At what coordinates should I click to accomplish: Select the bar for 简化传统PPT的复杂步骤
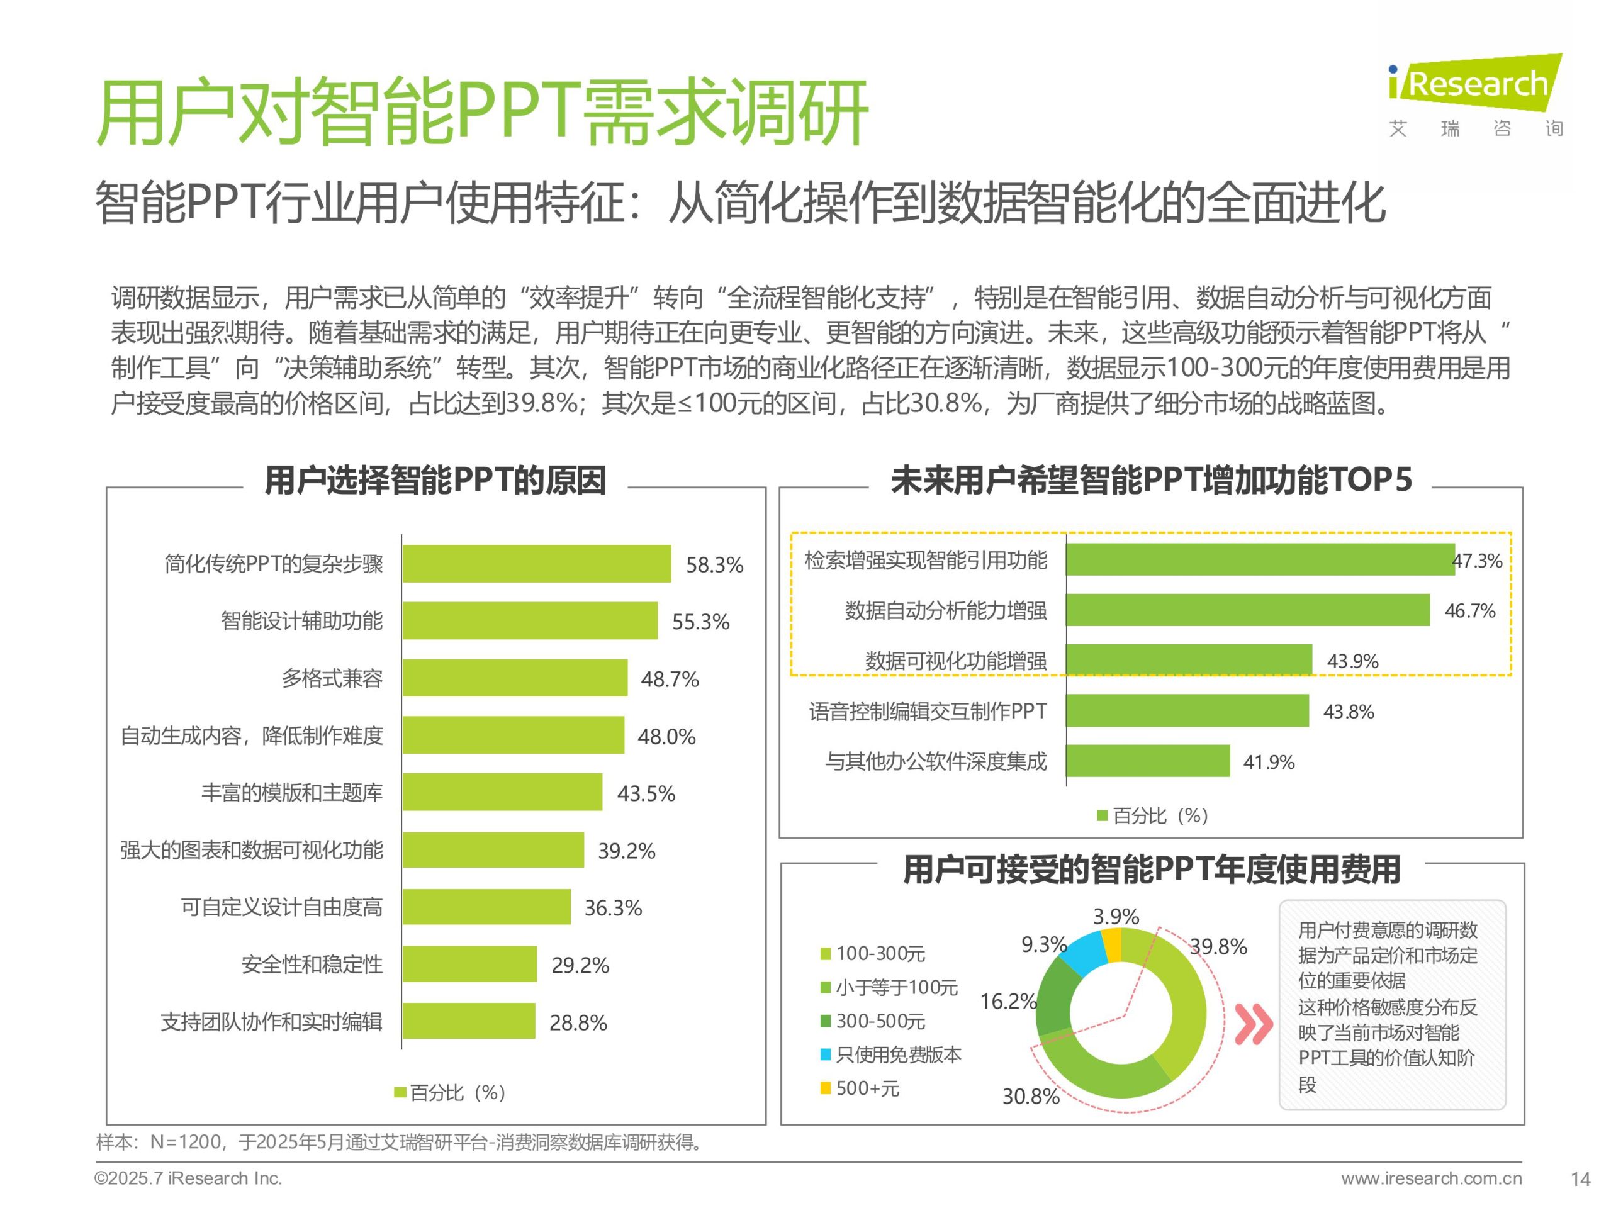tap(536, 564)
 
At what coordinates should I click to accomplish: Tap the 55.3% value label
tap(700, 622)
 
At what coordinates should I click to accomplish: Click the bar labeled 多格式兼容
tap(514, 678)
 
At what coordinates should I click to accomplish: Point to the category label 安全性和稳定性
tap(312, 965)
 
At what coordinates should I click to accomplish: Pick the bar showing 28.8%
tap(468, 1021)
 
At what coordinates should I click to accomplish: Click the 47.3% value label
tap(1476, 561)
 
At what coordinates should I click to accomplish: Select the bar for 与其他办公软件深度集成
tap(1148, 761)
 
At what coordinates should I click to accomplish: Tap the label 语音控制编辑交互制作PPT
tap(927, 712)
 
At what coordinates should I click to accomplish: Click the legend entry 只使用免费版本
tap(898, 1054)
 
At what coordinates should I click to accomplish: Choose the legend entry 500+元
tap(867, 1088)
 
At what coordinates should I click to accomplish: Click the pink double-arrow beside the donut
tap(1254, 1024)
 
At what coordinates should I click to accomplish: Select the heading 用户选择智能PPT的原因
tap(435, 481)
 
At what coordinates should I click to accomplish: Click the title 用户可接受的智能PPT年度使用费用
tap(1152, 870)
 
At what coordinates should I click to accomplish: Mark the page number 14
tap(1580, 1179)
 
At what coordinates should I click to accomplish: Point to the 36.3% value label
tap(612, 908)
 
